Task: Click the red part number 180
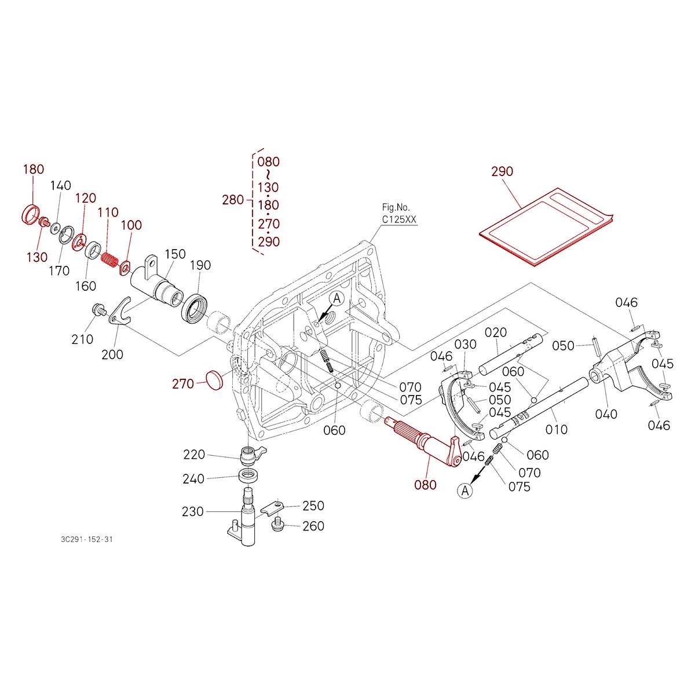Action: click(33, 169)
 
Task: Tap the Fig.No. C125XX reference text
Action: click(398, 214)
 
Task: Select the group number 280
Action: click(233, 200)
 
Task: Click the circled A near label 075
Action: click(464, 491)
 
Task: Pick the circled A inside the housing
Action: click(337, 298)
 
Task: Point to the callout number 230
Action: click(192, 511)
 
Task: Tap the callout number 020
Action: click(496, 332)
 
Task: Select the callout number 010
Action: click(557, 429)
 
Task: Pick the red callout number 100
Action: click(131, 225)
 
